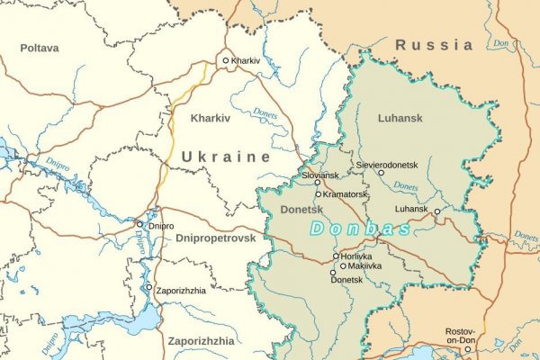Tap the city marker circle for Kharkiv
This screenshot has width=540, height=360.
(226, 61)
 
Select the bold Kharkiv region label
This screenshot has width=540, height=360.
(211, 118)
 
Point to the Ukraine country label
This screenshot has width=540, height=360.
(226, 157)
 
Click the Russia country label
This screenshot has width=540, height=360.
(434, 44)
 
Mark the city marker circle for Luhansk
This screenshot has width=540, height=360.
(436, 212)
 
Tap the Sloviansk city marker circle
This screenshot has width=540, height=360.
(317, 182)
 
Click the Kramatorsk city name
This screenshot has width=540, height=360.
(345, 194)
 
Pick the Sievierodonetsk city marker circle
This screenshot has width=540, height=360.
(381, 173)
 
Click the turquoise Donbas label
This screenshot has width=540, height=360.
(361, 229)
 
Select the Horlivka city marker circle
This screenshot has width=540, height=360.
(336, 256)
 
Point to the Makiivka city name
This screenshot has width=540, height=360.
(366, 266)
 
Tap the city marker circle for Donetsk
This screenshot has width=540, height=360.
(333, 272)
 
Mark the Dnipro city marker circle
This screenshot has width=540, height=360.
(139, 224)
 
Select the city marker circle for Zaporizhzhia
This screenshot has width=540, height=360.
(149, 287)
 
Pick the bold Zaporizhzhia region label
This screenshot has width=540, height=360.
(201, 342)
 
